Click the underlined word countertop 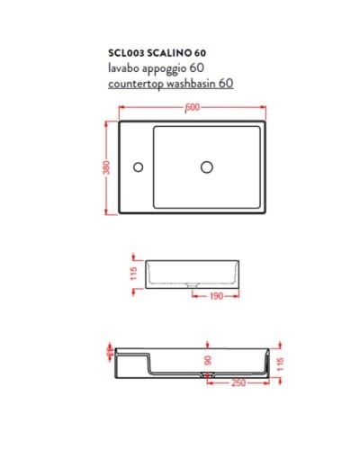144,83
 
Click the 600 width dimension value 192,109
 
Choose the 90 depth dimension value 207,361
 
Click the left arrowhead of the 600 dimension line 121,109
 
